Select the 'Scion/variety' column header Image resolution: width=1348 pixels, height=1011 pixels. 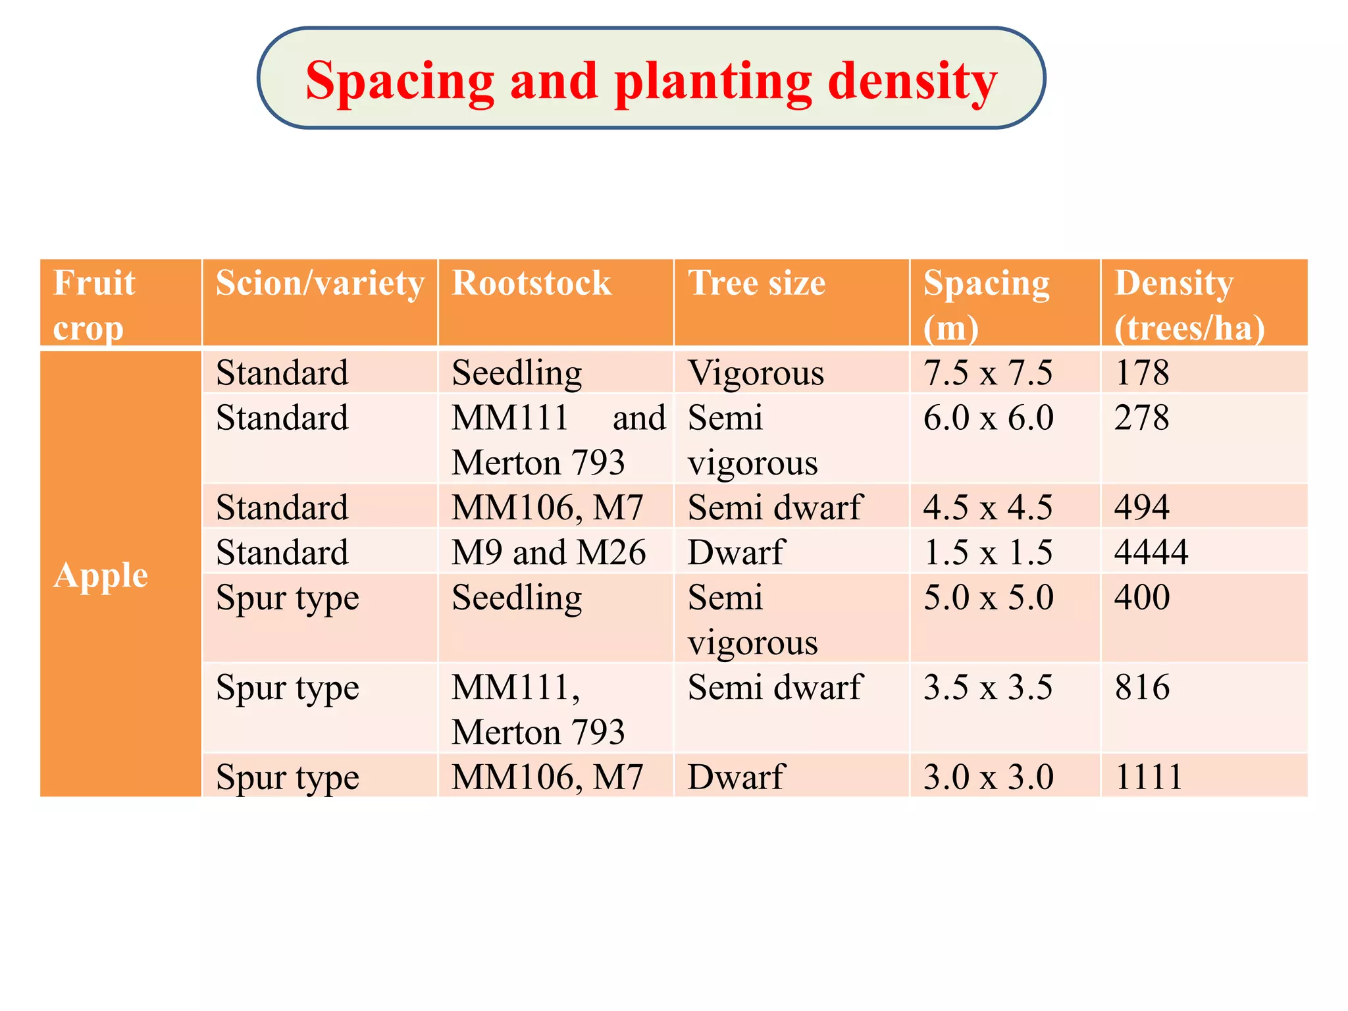tap(320, 284)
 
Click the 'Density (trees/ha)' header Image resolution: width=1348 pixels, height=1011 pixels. tap(1189, 305)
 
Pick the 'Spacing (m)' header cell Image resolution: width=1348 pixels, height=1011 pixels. tap(986, 305)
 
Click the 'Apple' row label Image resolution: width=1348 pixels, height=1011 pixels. tap(101, 576)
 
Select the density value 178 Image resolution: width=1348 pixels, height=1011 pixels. tap(1142, 373)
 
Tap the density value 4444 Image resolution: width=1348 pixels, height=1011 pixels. tap(1151, 552)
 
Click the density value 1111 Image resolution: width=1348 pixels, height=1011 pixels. tap(1149, 777)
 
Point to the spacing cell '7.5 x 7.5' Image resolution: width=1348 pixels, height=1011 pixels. tap(988, 373)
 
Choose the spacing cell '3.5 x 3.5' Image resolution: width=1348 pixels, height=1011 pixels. tap(988, 687)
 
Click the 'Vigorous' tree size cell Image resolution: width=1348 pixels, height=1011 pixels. tap(756, 373)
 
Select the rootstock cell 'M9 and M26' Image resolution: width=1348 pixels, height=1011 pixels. tap(549, 552)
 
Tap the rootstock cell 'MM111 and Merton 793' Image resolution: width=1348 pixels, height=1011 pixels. tap(559, 440)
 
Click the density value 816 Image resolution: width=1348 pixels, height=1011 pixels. tap(1142, 687)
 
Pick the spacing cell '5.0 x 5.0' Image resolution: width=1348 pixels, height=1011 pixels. tap(989, 597)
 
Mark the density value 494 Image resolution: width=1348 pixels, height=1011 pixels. tap(1142, 507)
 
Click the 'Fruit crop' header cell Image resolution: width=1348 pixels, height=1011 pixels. tap(94, 305)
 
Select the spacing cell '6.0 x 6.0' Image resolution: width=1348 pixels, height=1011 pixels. tap(989, 417)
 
